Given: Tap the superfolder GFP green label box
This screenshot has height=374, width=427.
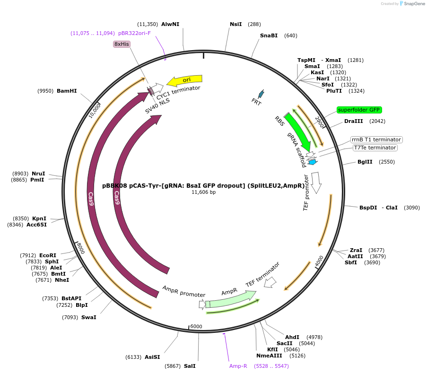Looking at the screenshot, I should click(359, 110).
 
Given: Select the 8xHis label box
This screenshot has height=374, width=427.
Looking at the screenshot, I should click(122, 44).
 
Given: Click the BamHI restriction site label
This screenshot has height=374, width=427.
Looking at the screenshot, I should click(67, 91).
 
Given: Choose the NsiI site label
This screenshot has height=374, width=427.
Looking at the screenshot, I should click(235, 24).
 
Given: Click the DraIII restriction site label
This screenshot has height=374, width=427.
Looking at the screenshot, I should click(354, 121).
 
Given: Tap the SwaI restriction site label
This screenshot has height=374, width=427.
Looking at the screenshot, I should click(88, 317).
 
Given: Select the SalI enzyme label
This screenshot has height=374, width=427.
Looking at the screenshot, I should click(190, 366).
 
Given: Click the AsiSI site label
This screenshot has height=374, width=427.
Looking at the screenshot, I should click(152, 357).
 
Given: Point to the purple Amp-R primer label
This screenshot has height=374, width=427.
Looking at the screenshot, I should click(238, 366).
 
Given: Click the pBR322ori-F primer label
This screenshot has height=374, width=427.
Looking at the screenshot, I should click(134, 33).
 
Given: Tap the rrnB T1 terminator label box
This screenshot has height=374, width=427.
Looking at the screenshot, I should click(376, 139).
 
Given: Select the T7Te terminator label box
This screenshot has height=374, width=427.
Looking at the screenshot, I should click(375, 148).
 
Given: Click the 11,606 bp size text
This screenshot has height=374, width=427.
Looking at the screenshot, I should click(203, 192).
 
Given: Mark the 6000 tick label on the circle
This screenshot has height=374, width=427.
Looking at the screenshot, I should click(196, 326).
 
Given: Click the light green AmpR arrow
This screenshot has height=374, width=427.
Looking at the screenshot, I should click(229, 300).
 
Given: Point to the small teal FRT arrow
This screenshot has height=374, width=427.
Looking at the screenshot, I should click(260, 94).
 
